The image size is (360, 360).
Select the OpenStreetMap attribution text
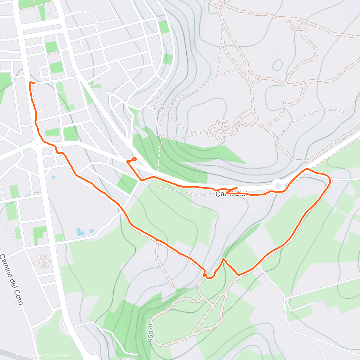[x=63, y=356]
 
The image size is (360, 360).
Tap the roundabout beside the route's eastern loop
[x=278, y=184]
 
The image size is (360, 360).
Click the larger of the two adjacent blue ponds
[x=80, y=232]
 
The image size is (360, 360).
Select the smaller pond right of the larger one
[x=91, y=231]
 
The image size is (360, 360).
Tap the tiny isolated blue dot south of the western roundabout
[x=53, y=177]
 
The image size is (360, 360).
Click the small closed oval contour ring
[x=277, y=64]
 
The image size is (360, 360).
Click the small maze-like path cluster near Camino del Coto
[x=44, y=261]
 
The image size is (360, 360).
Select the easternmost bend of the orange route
[x=330, y=180]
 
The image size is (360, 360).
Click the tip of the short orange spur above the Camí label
[x=237, y=188]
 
